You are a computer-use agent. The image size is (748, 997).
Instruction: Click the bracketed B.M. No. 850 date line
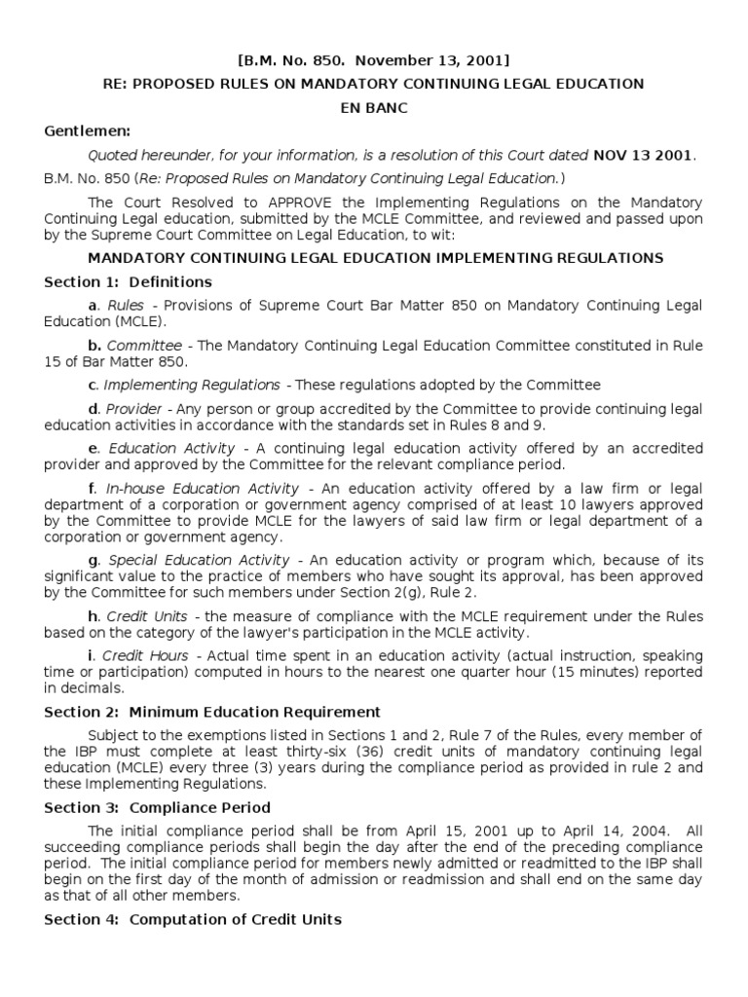(x=374, y=60)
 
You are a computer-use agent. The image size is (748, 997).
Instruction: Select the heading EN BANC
(x=373, y=107)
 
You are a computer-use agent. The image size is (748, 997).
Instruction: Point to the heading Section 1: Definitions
(x=128, y=282)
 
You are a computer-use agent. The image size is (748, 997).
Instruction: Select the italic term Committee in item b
(x=144, y=346)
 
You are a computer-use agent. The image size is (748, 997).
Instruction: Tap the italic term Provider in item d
(x=134, y=409)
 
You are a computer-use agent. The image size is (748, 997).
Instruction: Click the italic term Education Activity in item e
(x=171, y=448)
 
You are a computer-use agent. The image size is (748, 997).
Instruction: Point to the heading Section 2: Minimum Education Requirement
(x=212, y=712)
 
